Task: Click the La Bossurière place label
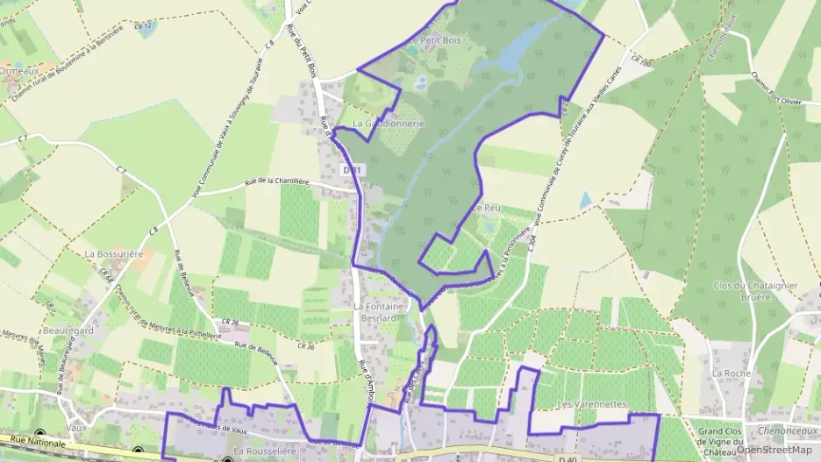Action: (113, 253)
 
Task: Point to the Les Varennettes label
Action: (591, 404)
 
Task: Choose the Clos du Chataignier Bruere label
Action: (742, 291)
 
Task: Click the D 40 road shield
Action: (570, 457)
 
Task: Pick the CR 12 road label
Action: (144, 26)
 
